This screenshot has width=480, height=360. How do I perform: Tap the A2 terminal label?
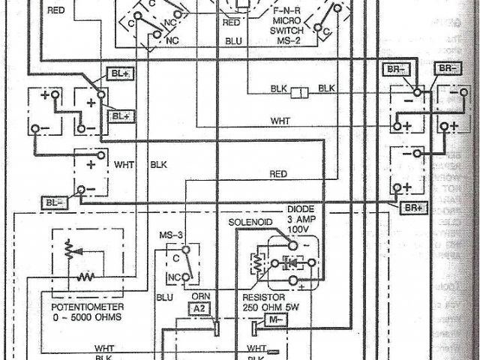tap(197, 307)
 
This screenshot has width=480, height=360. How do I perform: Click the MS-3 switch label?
tap(170, 237)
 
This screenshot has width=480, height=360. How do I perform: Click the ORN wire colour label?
tap(200, 295)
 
